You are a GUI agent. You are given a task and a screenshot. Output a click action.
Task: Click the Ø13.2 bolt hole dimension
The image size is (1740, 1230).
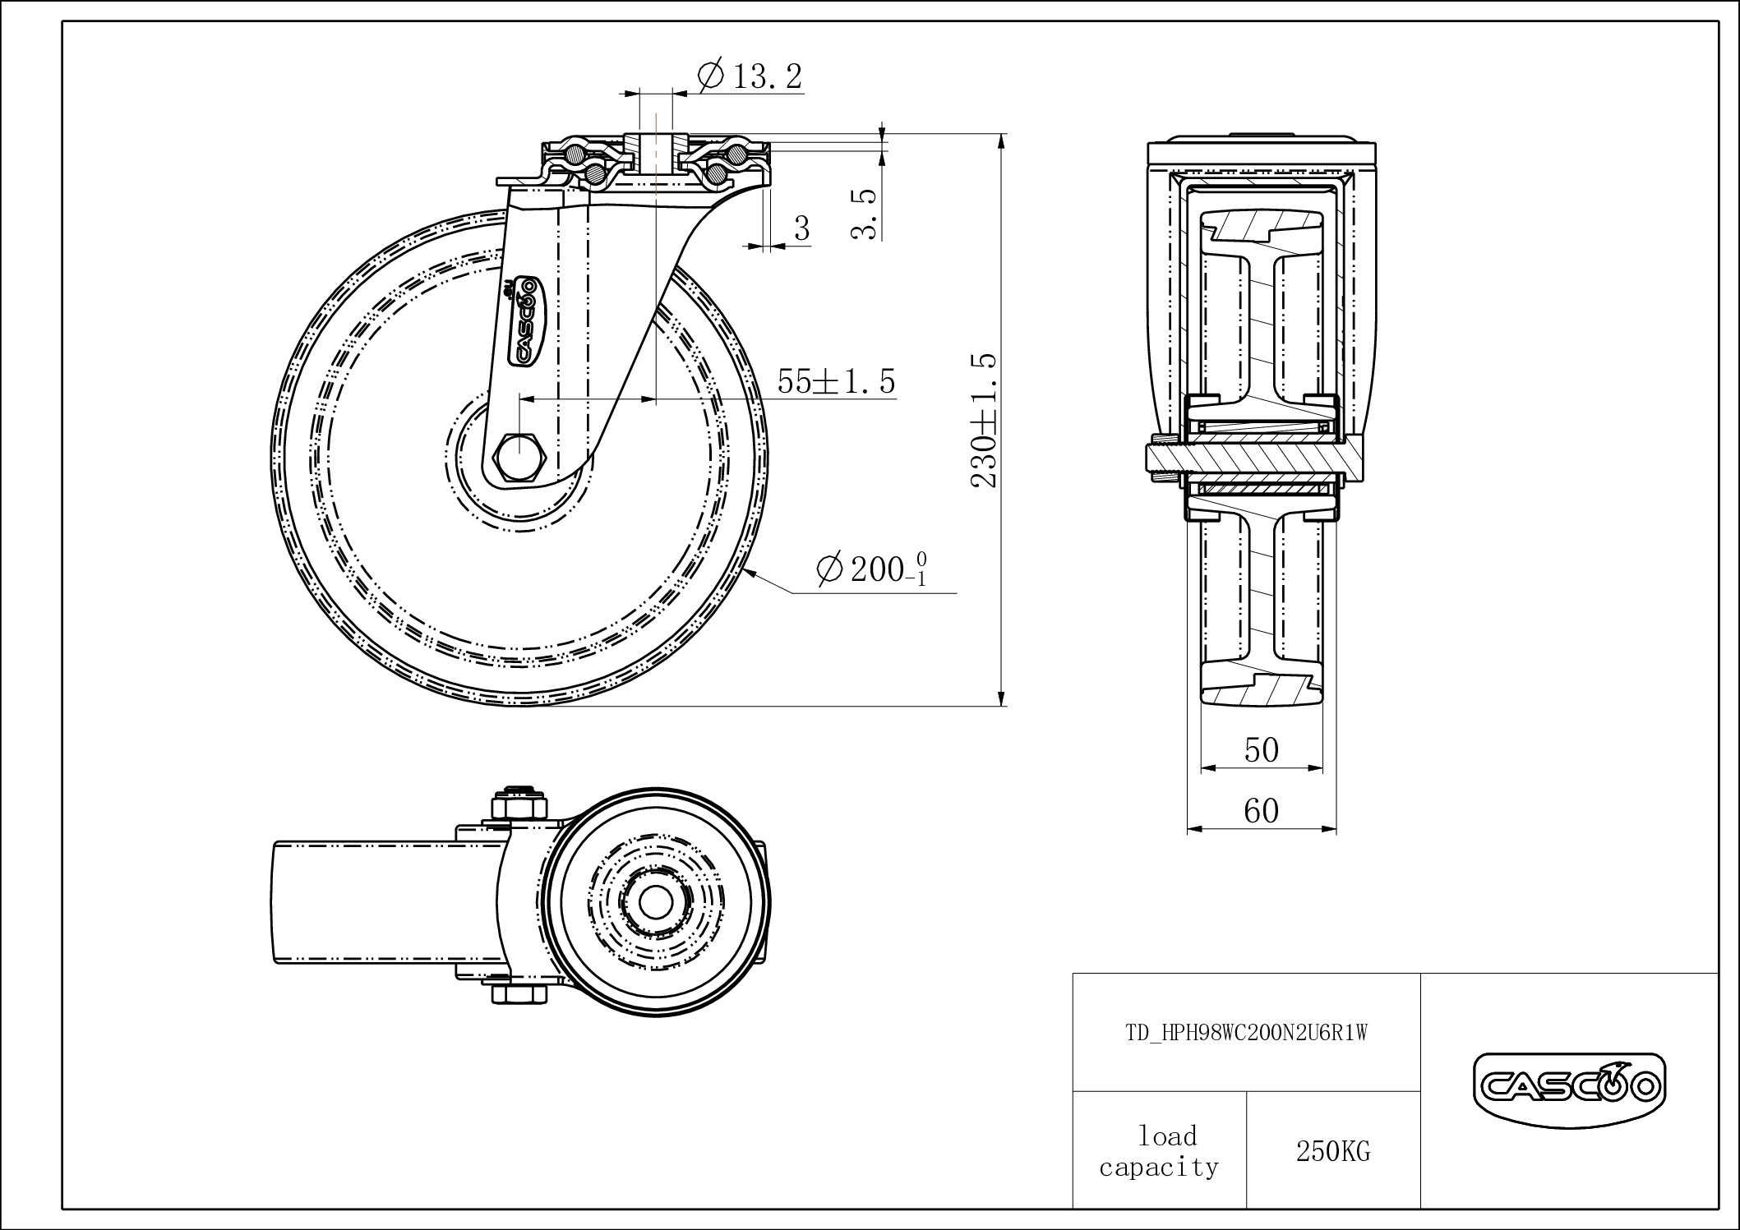(750, 76)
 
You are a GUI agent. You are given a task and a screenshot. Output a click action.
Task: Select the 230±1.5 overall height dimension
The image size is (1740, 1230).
(985, 420)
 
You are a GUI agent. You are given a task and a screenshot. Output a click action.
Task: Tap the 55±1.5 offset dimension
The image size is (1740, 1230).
(836, 381)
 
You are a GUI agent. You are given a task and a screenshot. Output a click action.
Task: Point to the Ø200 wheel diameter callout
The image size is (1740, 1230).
(871, 569)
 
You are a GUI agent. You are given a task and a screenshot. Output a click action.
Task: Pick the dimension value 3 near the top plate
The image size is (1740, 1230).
(802, 228)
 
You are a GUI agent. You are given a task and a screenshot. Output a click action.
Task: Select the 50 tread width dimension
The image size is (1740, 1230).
(1261, 749)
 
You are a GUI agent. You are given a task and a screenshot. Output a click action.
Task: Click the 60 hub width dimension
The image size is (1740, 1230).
(1261, 811)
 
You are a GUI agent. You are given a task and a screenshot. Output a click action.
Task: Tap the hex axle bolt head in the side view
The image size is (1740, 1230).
(517, 454)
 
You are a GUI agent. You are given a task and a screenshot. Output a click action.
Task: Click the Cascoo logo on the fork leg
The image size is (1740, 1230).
(524, 320)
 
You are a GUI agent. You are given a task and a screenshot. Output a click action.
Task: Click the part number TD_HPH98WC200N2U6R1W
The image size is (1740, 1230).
(1246, 1034)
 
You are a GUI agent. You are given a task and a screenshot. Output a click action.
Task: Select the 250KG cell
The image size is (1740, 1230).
(1333, 1152)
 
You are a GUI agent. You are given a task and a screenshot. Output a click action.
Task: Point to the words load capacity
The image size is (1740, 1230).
(1159, 1152)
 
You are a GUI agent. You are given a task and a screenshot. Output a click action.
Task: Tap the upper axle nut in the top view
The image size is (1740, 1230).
(519, 803)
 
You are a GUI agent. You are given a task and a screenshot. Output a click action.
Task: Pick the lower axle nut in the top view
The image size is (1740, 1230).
(519, 993)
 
